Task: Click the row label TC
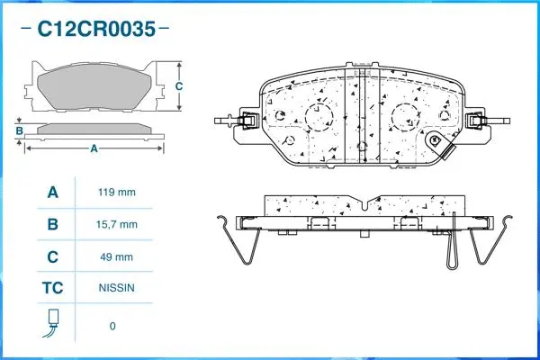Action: (x=53, y=290)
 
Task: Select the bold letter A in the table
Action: (x=53, y=192)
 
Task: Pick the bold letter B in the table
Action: (x=53, y=224)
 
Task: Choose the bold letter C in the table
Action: (x=53, y=257)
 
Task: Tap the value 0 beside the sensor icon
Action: (x=112, y=326)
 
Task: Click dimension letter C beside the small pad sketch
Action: (x=179, y=86)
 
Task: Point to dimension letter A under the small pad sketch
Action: (x=94, y=149)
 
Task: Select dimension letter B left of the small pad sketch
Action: (x=19, y=131)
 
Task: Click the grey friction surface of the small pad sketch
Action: (x=94, y=87)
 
